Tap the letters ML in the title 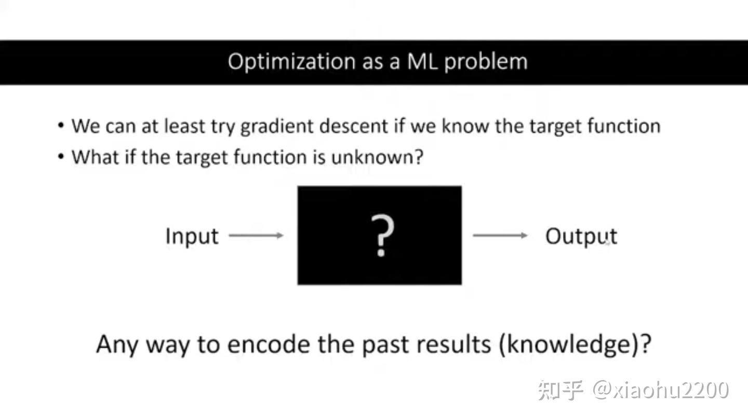[x=422, y=62]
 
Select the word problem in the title [x=486, y=62]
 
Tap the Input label [x=192, y=236]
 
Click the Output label [x=581, y=236]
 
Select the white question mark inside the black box [x=382, y=236]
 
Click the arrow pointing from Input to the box [x=256, y=236]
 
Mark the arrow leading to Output [x=500, y=236]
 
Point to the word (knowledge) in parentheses [x=575, y=344]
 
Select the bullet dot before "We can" [x=62, y=126]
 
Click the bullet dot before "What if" [x=62, y=157]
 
